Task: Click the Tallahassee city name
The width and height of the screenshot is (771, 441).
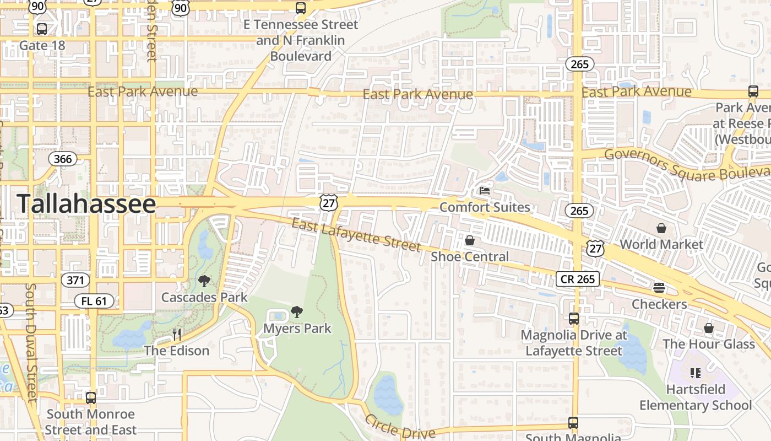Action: (x=86, y=203)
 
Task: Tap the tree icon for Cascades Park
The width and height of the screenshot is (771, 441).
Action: (x=204, y=281)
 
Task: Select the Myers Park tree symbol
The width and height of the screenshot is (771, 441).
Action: (x=297, y=312)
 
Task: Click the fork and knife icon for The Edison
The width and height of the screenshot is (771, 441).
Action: (x=177, y=335)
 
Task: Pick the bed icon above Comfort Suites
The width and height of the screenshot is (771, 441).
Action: (x=485, y=191)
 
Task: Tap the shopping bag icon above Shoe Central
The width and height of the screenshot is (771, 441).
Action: (x=470, y=240)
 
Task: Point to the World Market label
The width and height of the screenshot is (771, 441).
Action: (x=661, y=244)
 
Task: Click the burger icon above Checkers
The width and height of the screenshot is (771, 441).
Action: (x=659, y=288)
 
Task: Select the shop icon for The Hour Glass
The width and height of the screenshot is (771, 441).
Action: (x=709, y=329)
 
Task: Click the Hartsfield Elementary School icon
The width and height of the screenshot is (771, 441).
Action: (x=696, y=373)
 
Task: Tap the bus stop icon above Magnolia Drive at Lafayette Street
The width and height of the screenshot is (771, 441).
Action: (x=574, y=319)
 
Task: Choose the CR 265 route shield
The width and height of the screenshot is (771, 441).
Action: (x=577, y=279)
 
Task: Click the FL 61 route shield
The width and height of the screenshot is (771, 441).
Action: (x=94, y=301)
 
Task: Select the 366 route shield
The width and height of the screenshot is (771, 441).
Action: (x=63, y=159)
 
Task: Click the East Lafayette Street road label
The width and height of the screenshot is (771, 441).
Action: (x=356, y=234)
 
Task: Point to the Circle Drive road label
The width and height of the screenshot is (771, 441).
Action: (x=400, y=427)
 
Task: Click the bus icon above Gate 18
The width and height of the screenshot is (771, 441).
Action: (x=42, y=29)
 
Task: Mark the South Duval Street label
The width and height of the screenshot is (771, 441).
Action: (x=31, y=342)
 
